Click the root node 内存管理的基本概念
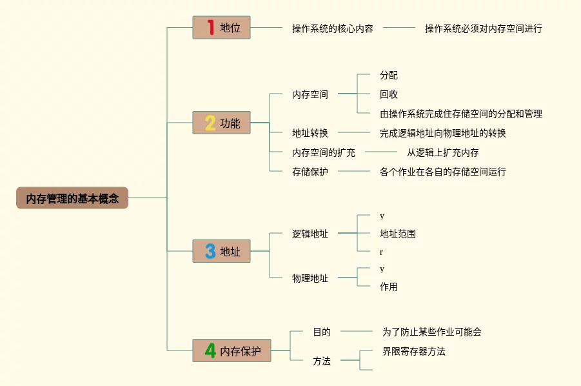(72, 198)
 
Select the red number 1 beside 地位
(210, 27)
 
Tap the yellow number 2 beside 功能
(210, 123)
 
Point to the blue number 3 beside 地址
(210, 251)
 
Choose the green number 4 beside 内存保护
(210, 350)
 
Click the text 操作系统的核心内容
(332, 28)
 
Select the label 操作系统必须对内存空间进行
(483, 28)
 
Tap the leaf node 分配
(389, 76)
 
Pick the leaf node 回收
(389, 94)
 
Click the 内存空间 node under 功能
(310, 94)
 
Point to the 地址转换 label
(310, 133)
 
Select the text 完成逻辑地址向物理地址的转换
(443, 133)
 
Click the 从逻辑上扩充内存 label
(442, 152)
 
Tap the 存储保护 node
(310, 172)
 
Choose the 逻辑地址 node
(310, 234)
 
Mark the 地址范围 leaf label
(398, 234)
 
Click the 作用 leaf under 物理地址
(389, 287)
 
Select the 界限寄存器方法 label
(414, 351)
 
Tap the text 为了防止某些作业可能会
(432, 332)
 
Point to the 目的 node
(322, 332)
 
